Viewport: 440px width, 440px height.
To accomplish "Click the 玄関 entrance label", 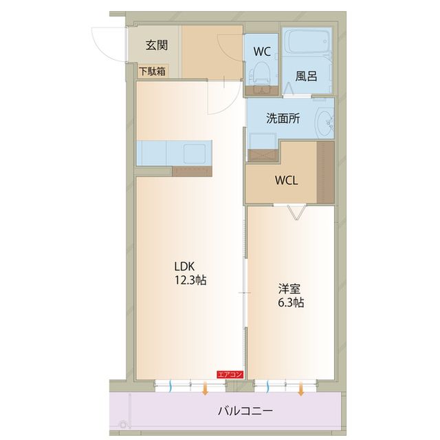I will click(157, 46).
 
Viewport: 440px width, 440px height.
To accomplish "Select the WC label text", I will click(262, 51).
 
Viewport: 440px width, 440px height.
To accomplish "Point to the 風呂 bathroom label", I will click(306, 76).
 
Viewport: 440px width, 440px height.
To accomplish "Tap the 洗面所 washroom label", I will click(283, 118).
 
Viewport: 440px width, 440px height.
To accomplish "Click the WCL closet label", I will click(286, 181).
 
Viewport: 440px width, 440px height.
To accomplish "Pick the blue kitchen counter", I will click(173, 153).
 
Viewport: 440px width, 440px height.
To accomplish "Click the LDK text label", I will click(184, 266).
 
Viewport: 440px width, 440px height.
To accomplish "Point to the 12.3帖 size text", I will click(190, 280).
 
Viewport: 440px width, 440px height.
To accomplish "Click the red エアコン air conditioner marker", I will click(230, 374).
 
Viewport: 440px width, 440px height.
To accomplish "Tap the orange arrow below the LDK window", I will click(206, 390).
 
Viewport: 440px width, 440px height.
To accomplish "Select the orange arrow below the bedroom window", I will click(301, 390).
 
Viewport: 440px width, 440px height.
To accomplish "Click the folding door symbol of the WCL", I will click(296, 211).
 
